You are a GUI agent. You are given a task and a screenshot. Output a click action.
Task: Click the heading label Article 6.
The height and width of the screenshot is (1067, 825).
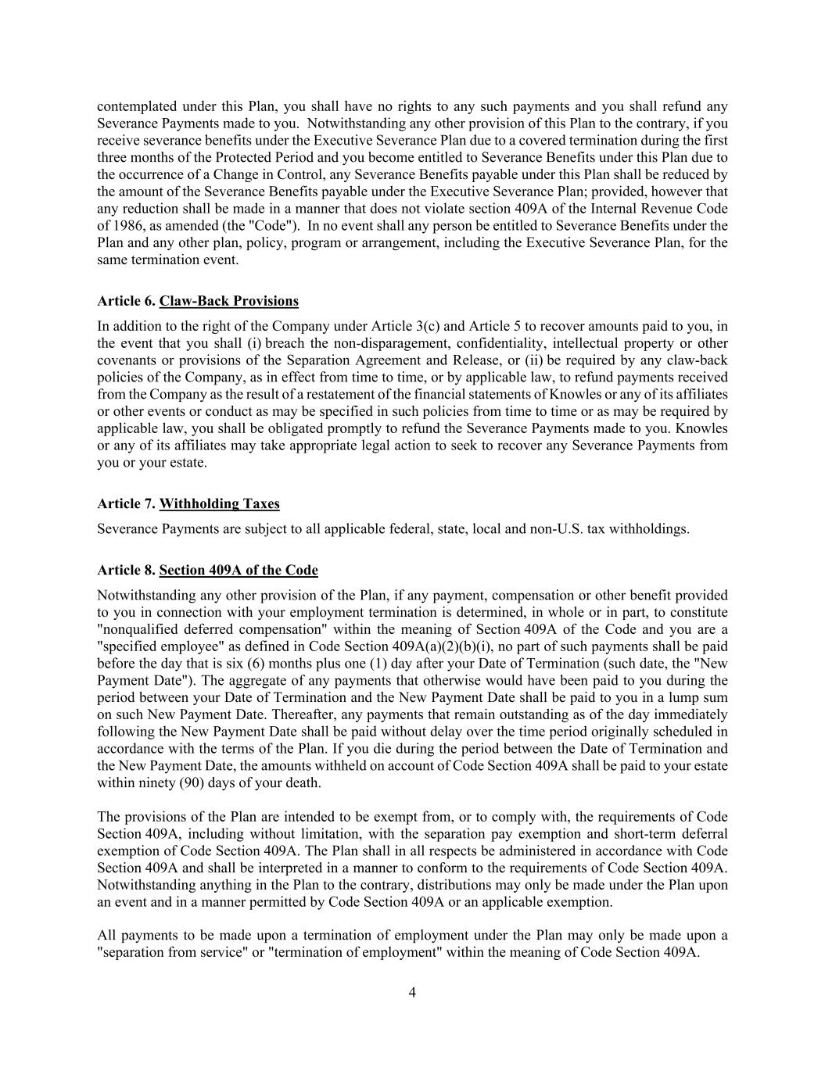[x=126, y=301]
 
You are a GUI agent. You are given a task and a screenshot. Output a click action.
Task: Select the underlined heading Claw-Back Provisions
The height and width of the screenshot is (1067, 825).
[x=228, y=301]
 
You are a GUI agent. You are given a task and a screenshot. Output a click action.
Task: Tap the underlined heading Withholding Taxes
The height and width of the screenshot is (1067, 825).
[x=219, y=503]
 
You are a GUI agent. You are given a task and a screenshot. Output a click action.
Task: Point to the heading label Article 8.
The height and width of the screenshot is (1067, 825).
[x=126, y=570]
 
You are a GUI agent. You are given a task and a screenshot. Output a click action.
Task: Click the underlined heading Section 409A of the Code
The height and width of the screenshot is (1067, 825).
[x=239, y=570]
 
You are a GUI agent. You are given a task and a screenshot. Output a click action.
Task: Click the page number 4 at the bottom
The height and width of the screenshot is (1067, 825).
[x=412, y=993]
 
